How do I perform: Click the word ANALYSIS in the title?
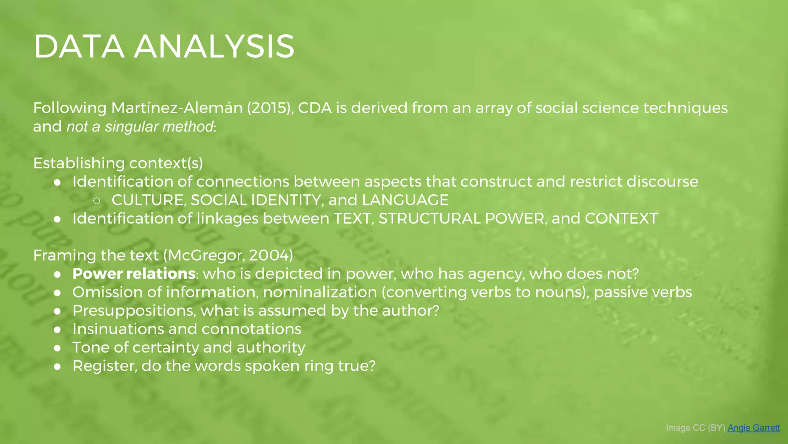tap(214, 47)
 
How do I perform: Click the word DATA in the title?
tap(79, 47)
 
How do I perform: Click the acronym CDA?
tap(315, 108)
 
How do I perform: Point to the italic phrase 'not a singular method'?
tap(140, 127)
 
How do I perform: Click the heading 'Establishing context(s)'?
tap(118, 163)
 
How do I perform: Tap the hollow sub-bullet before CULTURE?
tap(97, 200)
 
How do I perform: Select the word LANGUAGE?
tap(405, 200)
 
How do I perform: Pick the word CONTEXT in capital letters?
tap(621, 219)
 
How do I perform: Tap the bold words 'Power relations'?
tap(134, 274)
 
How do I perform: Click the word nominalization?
tap(320, 292)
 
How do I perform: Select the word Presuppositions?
tap(134, 311)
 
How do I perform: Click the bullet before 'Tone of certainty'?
tap(57, 348)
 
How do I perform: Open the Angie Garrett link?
tap(753, 427)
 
